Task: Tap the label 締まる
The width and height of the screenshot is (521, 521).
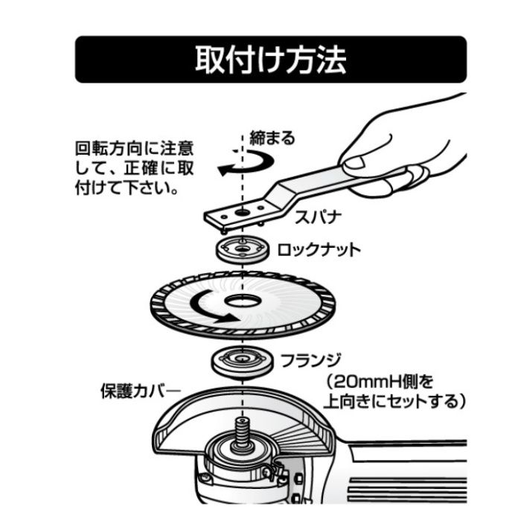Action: pyautogui.click(x=275, y=138)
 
